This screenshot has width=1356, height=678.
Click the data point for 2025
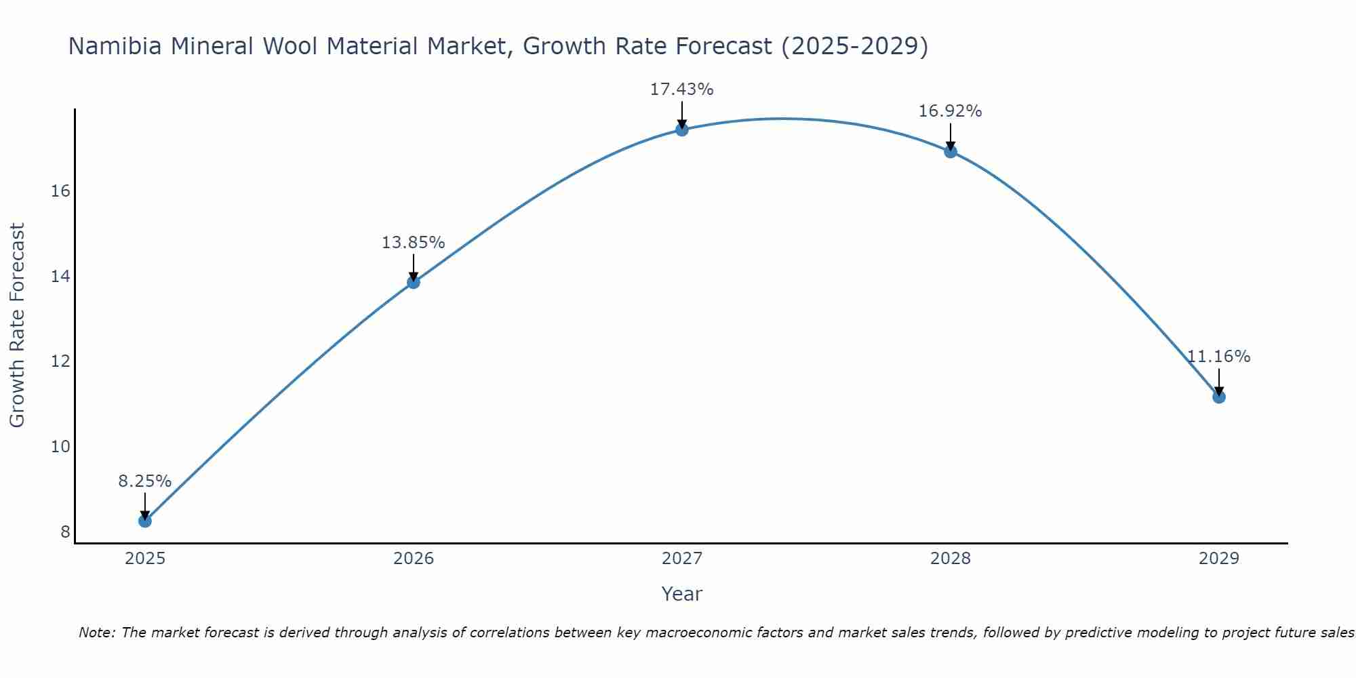click(144, 521)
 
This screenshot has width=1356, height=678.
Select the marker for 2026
click(413, 282)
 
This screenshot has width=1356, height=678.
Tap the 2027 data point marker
click(681, 129)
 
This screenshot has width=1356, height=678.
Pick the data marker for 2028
click(950, 151)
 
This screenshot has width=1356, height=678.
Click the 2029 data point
click(1218, 397)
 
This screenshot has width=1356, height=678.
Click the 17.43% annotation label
click(681, 89)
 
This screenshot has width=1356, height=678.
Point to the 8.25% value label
click(144, 481)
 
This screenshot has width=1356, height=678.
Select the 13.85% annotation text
click(413, 243)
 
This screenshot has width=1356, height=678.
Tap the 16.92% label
click(950, 111)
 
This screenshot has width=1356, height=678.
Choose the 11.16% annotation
click(1218, 357)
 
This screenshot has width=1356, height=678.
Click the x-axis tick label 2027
click(681, 559)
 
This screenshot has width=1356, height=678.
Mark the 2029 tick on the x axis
click(1218, 559)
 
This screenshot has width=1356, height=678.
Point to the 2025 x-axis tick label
click(144, 559)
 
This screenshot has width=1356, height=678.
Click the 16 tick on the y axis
click(60, 191)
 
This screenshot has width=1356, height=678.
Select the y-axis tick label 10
click(60, 447)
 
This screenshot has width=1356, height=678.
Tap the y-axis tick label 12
click(60, 361)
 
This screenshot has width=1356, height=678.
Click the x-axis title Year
click(681, 594)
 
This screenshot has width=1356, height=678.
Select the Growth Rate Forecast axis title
click(18, 325)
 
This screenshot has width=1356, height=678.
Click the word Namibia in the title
click(115, 47)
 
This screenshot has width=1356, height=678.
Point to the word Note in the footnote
click(97, 633)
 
